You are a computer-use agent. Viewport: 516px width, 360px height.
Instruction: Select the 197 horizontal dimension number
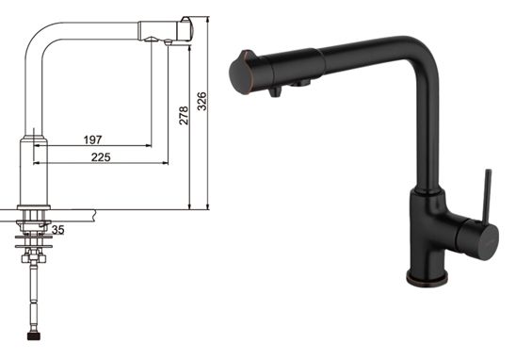92,139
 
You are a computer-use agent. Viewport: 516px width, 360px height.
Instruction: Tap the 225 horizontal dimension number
101,156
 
